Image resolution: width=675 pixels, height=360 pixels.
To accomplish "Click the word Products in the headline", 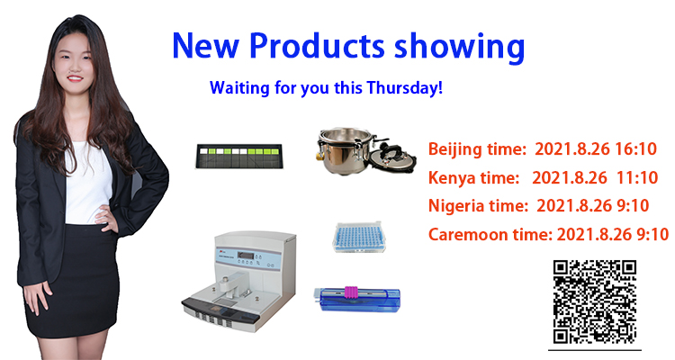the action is (x=317, y=46).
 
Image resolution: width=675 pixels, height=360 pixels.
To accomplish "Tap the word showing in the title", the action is (x=460, y=48).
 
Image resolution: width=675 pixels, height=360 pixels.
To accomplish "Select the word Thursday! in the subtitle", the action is (x=405, y=87).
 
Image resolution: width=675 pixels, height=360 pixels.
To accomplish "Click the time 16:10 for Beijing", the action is (x=635, y=149).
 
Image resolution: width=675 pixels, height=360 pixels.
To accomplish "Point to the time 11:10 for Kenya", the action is (x=637, y=177).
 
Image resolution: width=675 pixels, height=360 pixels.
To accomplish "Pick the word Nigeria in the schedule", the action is (x=456, y=206).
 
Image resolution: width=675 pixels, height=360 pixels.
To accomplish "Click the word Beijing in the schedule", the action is (x=455, y=150).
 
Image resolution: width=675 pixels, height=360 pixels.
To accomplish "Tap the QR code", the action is (x=595, y=301).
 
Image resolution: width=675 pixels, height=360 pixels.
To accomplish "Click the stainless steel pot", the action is (x=345, y=150).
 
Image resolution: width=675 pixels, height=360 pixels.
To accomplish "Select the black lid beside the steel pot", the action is (x=393, y=157).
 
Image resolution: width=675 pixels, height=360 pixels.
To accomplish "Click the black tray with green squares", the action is (x=238, y=156).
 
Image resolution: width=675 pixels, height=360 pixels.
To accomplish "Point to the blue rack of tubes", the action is (x=358, y=237).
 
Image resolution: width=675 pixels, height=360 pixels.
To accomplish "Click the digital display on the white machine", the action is (x=246, y=255).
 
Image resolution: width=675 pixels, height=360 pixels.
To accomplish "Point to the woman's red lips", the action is (x=75, y=78).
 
